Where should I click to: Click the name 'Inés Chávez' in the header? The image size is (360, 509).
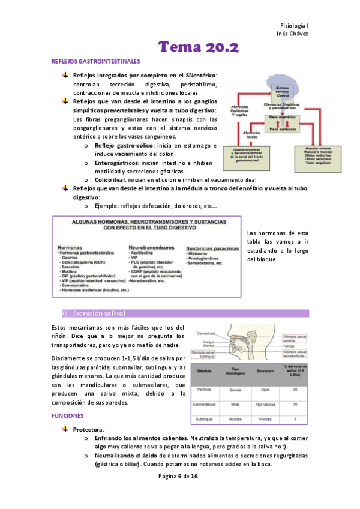(293, 34)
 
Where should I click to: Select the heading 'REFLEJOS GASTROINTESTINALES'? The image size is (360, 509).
(96, 62)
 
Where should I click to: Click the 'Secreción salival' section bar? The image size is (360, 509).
(185, 313)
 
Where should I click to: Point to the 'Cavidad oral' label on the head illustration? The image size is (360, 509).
(206, 333)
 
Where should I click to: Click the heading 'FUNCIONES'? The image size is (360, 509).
(68, 415)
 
